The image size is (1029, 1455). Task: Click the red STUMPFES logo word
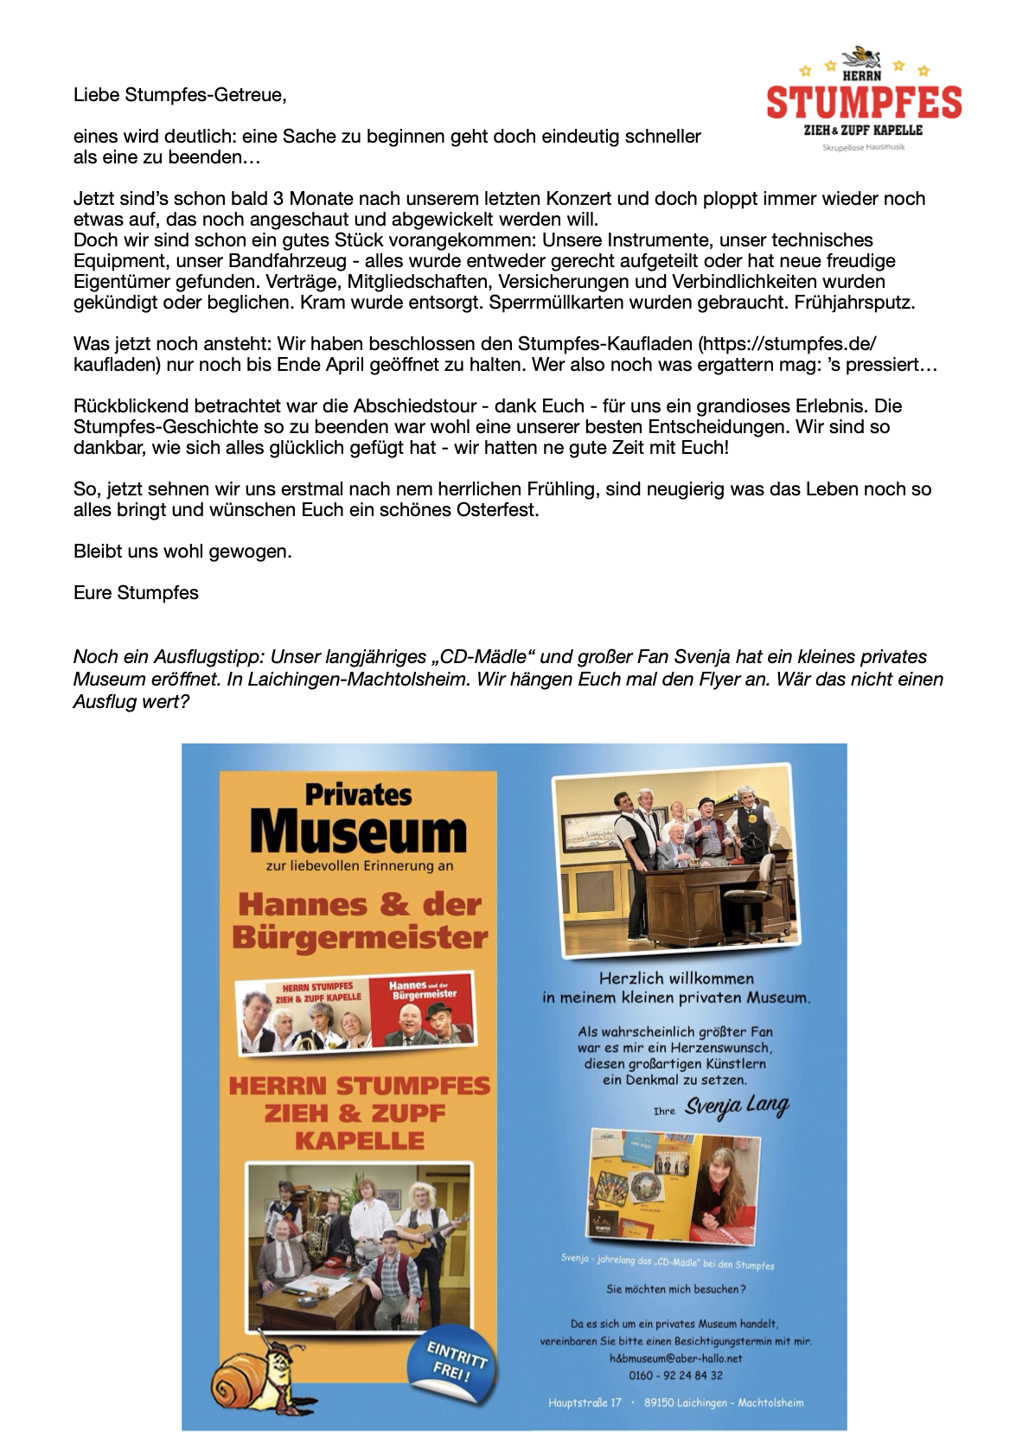(864, 102)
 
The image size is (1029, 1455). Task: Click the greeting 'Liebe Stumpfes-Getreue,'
(180, 95)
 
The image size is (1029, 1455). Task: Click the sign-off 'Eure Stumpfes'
(136, 593)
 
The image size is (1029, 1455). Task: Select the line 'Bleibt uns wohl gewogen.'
(182, 552)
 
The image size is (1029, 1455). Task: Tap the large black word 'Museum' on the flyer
(358, 832)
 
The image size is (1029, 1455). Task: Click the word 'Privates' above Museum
(358, 795)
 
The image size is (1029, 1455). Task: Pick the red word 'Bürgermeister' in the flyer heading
(360, 938)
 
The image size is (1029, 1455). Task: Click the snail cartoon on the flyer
(255, 1376)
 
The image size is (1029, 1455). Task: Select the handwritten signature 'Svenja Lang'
(737, 1107)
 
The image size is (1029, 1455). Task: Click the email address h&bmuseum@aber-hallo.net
(675, 1358)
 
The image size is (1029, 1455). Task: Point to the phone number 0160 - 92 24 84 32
(675, 1375)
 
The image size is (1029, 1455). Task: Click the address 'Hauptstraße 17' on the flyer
(585, 1402)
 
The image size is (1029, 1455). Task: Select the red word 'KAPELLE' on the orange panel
(360, 1141)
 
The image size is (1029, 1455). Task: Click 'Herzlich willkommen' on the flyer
(676, 979)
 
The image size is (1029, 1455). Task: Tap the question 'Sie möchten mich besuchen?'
(675, 1289)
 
